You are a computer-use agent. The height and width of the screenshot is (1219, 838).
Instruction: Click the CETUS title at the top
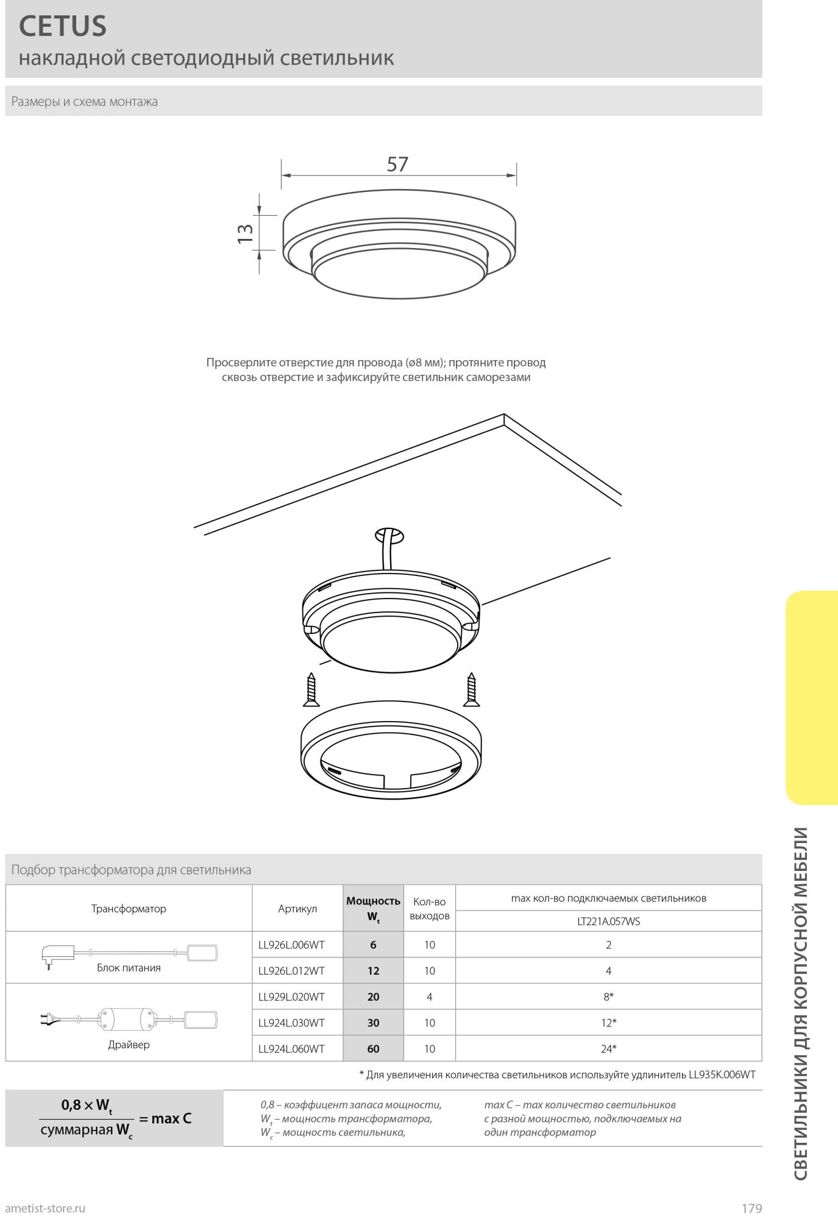63,26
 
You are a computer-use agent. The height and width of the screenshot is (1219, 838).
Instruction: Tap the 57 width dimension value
397,165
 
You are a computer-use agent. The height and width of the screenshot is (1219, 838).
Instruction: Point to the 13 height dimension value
245,233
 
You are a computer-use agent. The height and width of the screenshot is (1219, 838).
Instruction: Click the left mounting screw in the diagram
311,690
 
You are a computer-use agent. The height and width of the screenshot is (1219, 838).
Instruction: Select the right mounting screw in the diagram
471,690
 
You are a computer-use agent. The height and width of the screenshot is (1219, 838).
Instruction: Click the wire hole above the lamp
389,536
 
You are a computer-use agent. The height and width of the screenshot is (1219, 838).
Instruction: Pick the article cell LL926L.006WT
291,945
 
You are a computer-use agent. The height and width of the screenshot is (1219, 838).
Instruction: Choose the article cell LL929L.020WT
291,997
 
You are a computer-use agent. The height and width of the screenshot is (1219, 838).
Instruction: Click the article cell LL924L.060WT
291,1049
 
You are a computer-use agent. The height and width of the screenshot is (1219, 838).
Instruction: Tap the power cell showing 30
373,1023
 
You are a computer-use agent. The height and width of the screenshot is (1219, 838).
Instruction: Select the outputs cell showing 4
430,997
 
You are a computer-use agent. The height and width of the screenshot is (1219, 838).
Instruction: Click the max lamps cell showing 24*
608,1049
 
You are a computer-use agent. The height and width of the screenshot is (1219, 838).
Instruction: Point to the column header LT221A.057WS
608,922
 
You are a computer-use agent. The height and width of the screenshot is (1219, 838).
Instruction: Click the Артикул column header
297,909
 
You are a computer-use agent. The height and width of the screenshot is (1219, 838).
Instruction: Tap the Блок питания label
129,968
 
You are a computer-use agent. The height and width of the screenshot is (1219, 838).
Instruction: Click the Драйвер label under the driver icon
129,1045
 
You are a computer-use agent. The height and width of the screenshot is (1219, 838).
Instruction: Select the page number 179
751,1208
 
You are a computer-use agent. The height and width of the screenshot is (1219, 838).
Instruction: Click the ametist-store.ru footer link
45,1208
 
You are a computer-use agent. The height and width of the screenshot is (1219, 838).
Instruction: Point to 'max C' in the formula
171,1118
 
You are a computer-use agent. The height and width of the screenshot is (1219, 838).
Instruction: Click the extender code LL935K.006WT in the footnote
722,1075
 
